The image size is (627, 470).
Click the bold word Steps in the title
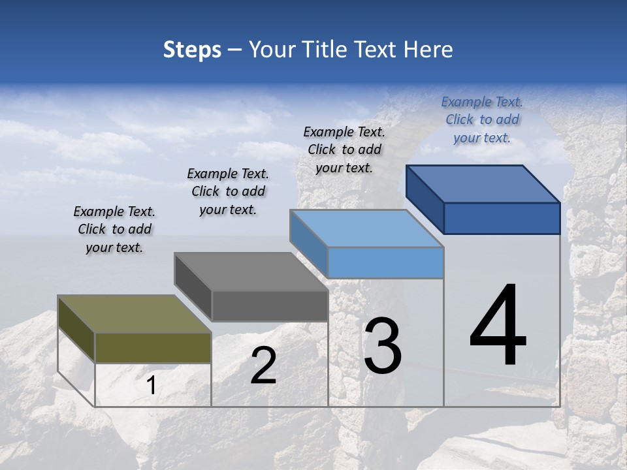tap(192, 50)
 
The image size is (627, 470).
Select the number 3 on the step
tap(382, 345)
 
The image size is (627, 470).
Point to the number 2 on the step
tap(263, 366)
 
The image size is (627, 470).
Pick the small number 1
tap(151, 386)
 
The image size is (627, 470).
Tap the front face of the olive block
tap(153, 347)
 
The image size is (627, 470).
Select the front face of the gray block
tap(269, 305)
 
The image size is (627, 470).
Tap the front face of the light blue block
tap(385, 262)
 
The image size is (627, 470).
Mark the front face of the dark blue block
tap(502, 218)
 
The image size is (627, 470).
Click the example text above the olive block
tap(114, 229)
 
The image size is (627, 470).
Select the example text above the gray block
tap(228, 191)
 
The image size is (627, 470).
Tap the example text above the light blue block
tap(344, 149)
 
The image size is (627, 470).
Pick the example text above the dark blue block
tap(482, 119)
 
